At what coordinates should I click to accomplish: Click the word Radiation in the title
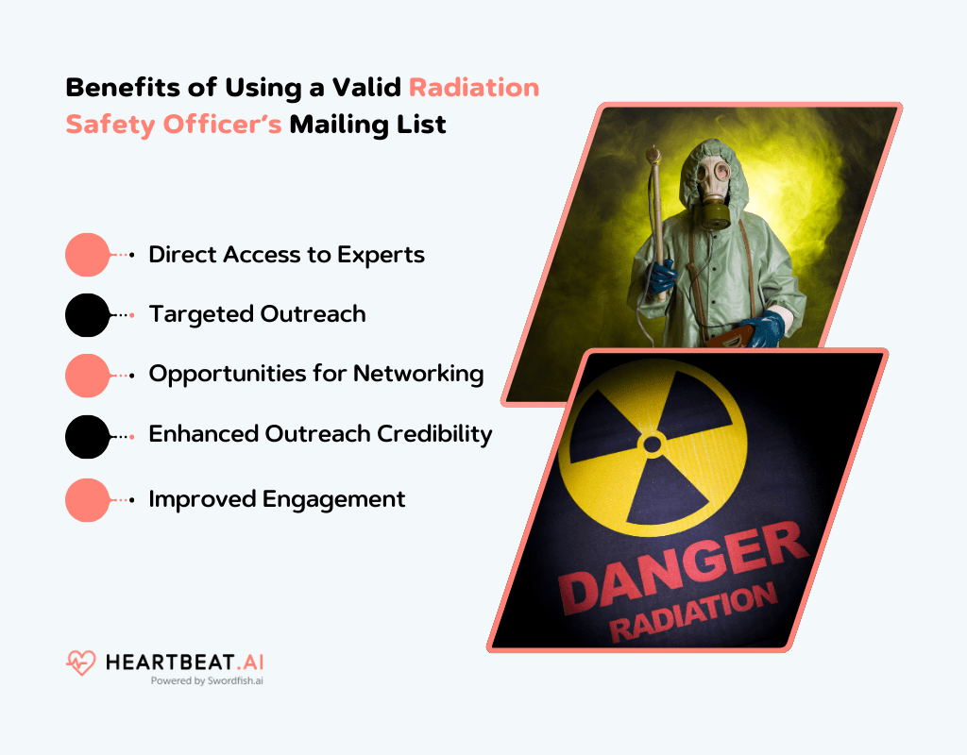click(474, 88)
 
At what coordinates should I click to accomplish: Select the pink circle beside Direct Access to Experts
click(88, 255)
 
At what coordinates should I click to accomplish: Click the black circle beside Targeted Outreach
click(88, 315)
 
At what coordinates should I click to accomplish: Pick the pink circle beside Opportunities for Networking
click(88, 375)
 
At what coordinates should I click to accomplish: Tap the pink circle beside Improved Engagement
click(88, 499)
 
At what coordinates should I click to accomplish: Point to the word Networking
click(418, 374)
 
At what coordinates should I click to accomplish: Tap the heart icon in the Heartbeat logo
click(81, 663)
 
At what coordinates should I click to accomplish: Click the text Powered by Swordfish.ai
click(207, 680)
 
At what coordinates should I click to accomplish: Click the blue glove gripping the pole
click(662, 278)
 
